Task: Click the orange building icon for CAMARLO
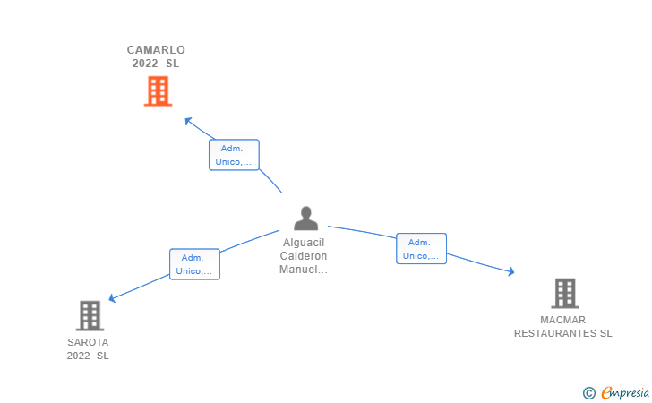pos(158,90)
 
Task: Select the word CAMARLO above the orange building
pos(156,50)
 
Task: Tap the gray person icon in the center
pos(305,219)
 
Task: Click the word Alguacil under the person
pos(305,243)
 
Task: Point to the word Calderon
pos(305,256)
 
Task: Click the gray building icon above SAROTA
pos(90,315)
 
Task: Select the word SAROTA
pos(88,342)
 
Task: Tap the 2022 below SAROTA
pos(79,356)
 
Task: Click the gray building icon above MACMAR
pos(564,293)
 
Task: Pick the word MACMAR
pos(562,320)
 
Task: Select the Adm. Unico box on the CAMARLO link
pos(234,155)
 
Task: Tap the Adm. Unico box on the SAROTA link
pos(194,264)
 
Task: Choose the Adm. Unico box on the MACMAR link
pos(421,249)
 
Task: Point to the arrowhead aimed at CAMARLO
pos(187,119)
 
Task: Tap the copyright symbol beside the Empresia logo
pos(588,392)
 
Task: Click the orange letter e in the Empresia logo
pos(606,392)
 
